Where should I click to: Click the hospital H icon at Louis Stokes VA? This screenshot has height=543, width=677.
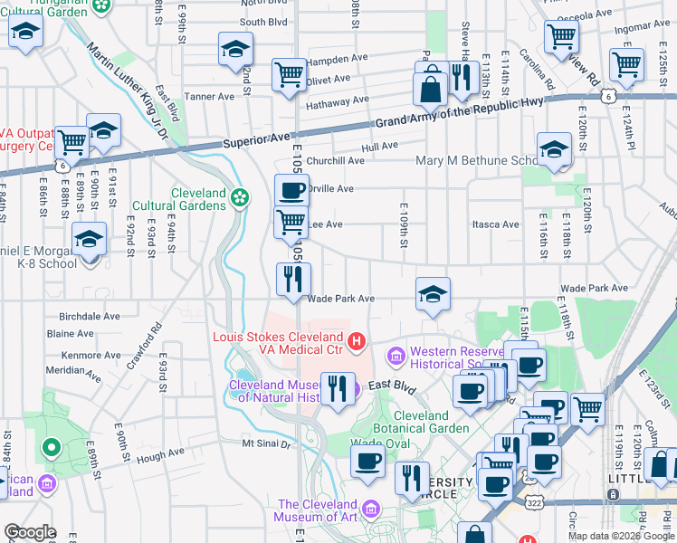(x=357, y=341)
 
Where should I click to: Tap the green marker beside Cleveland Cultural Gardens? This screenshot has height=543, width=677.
(x=239, y=197)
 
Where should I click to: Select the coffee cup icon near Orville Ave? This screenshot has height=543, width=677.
(x=291, y=191)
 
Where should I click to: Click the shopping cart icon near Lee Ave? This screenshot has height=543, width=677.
(x=291, y=222)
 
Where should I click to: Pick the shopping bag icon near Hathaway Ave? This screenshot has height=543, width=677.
(x=429, y=90)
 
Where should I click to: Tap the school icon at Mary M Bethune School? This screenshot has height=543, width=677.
(x=554, y=151)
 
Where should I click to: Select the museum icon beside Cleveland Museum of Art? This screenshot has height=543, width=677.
(x=369, y=510)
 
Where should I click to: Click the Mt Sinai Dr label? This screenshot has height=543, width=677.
(x=266, y=443)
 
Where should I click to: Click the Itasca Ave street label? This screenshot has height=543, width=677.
(x=496, y=224)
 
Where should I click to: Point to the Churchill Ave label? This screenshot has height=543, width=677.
(x=335, y=161)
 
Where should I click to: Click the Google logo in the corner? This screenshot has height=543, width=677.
(x=31, y=533)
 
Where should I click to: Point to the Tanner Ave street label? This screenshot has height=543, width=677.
(x=209, y=97)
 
